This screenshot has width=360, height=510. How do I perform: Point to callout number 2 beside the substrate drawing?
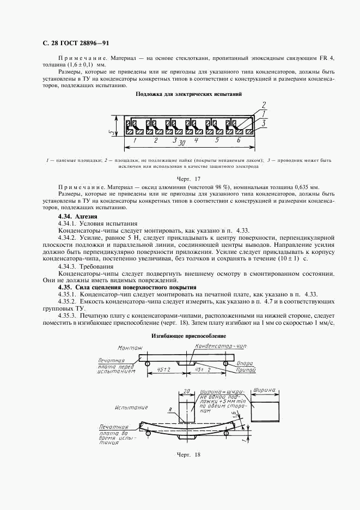(263, 105)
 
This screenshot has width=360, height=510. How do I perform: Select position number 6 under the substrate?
(238, 140)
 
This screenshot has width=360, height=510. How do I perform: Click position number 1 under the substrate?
(135, 140)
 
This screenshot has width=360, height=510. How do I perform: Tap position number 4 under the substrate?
(196, 140)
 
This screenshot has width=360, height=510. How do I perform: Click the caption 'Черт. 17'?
(189, 179)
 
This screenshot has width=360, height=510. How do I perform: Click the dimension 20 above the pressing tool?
(186, 391)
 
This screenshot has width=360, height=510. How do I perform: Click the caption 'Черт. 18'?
(189, 454)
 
